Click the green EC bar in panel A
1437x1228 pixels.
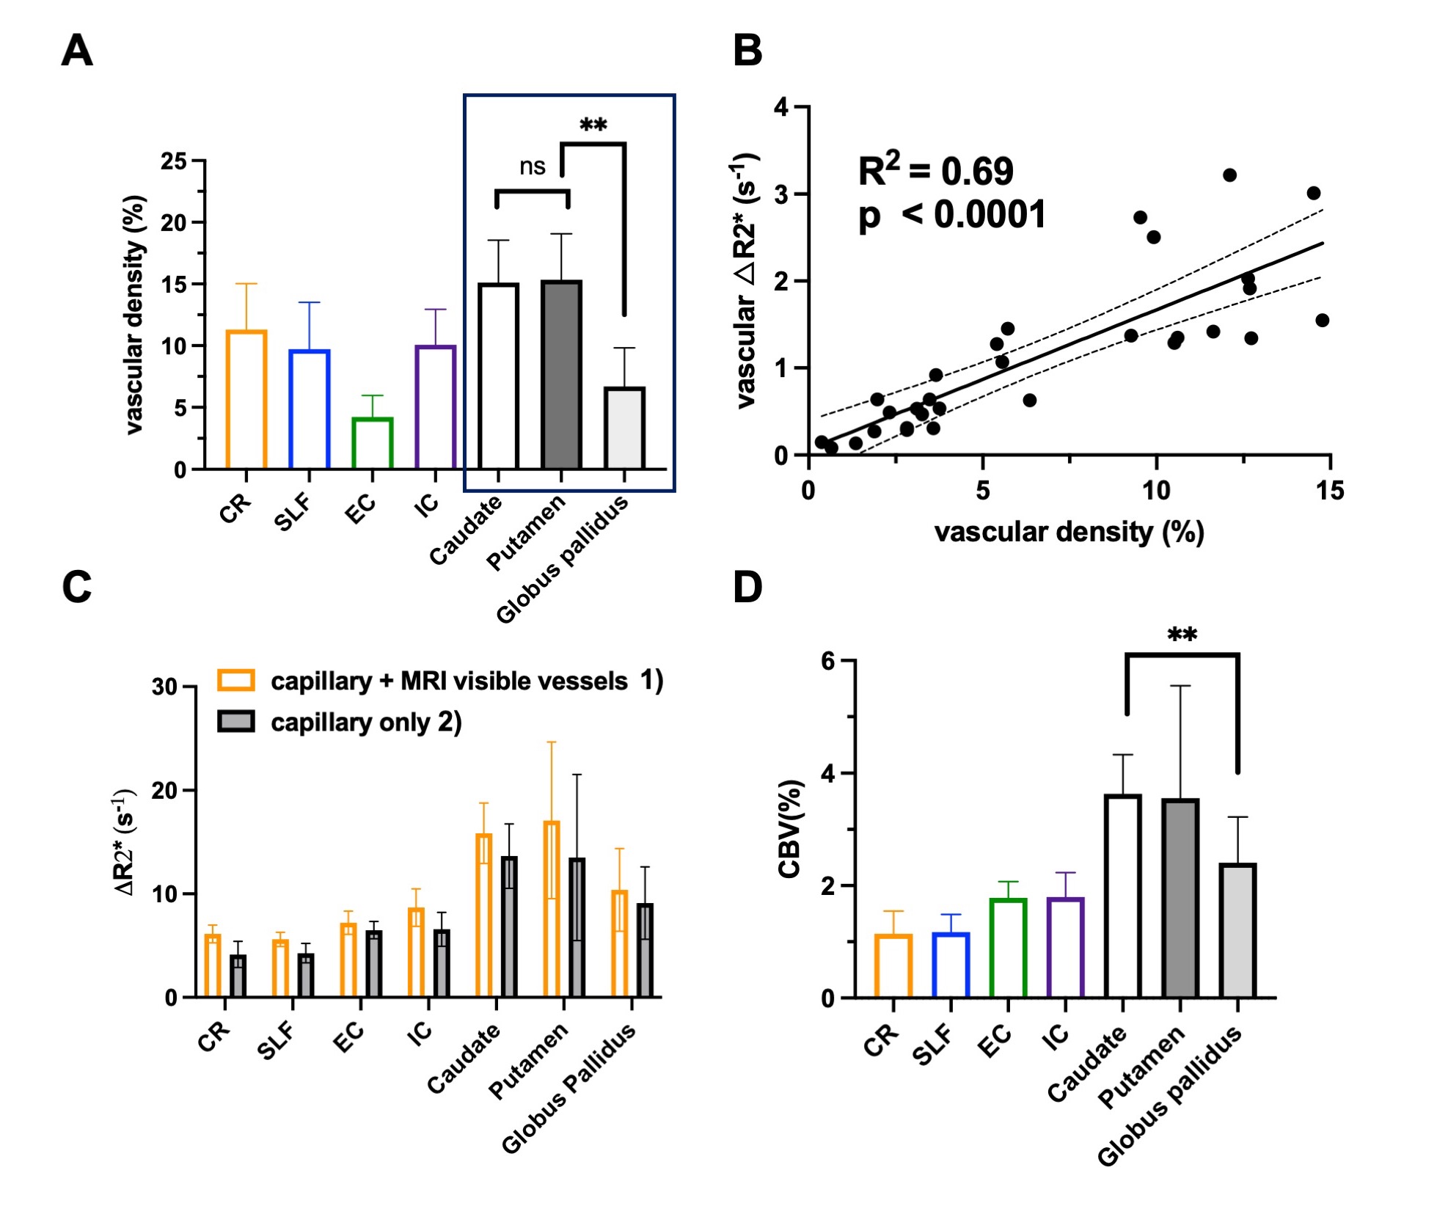click(373, 443)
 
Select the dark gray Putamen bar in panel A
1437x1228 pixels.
click(561, 375)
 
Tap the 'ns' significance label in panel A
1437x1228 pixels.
click(532, 167)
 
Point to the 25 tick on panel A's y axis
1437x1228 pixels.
click(175, 161)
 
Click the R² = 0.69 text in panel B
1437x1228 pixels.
click(935, 172)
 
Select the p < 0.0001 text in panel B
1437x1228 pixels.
click(952, 216)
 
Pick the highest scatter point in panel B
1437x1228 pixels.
click(1229, 175)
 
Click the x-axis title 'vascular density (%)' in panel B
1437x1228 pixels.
click(1069, 532)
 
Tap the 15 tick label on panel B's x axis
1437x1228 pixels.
click(1329, 491)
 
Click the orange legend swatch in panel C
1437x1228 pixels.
click(236, 680)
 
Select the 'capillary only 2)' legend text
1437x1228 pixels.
click(366, 723)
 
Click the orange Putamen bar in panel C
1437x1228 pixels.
click(552, 909)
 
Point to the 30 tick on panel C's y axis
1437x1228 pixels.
click(165, 687)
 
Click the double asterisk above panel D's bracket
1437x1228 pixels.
click(1182, 635)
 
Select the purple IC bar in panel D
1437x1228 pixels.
click(1065, 948)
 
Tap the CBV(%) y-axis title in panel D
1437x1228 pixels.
click(789, 829)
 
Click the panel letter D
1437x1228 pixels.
click(747, 588)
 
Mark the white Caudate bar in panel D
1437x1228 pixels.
click(1122, 896)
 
